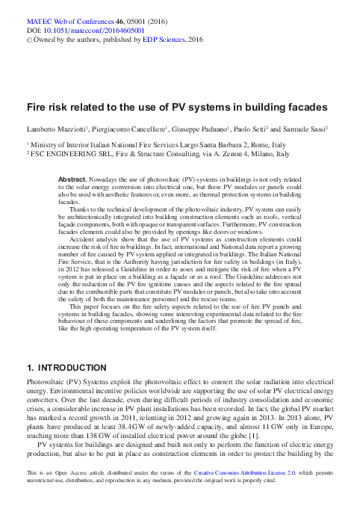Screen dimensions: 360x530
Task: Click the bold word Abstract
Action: (x=72, y=179)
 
